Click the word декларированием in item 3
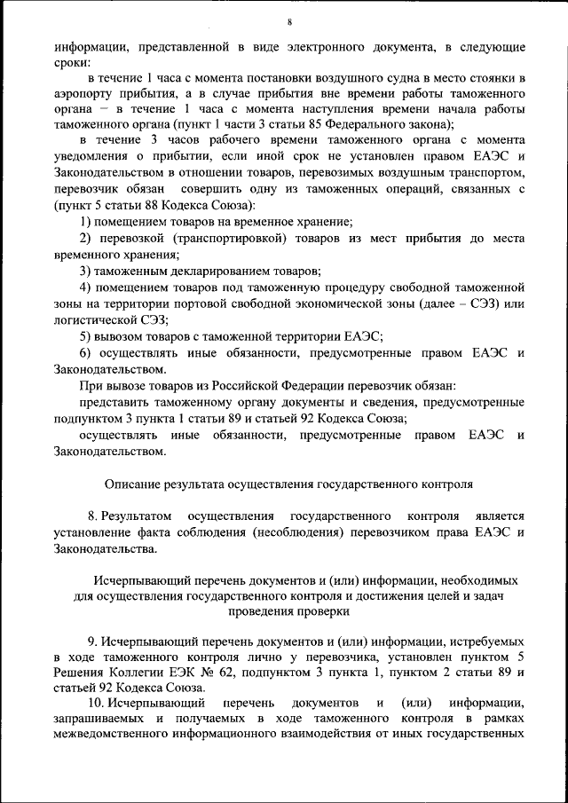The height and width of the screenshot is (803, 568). click(217, 270)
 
